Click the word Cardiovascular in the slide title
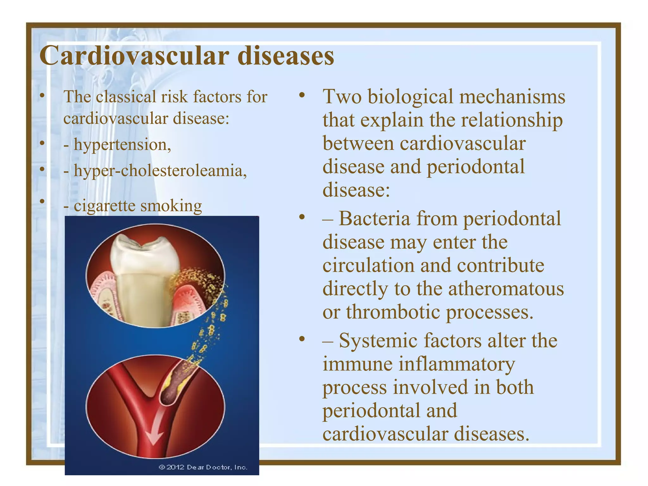(x=134, y=56)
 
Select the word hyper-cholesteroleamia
(x=160, y=171)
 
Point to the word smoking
(x=171, y=206)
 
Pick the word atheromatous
(x=506, y=289)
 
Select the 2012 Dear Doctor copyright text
(x=203, y=467)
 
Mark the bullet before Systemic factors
(x=302, y=339)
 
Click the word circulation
(x=368, y=265)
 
